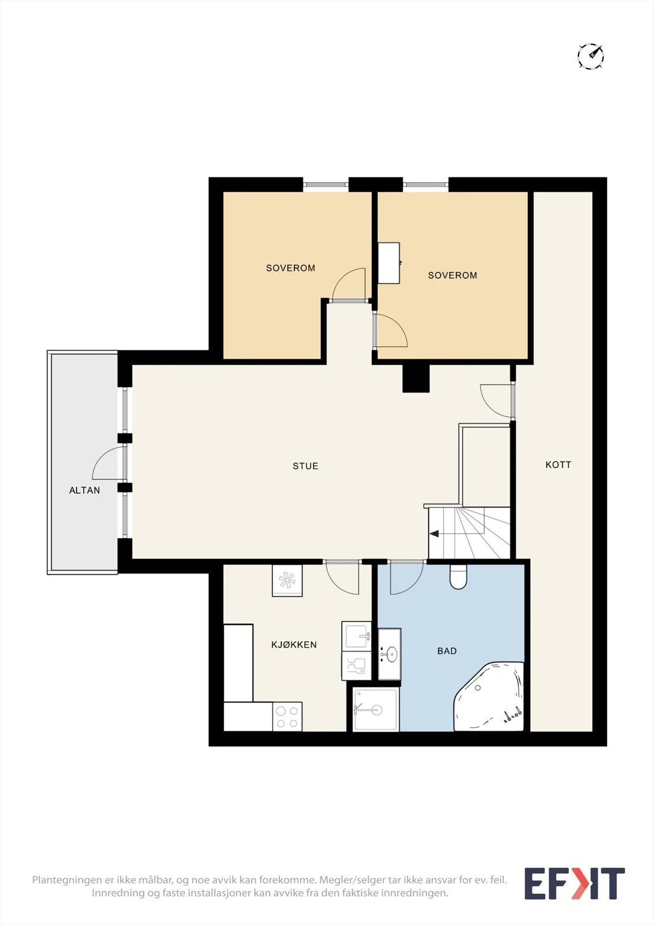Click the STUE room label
point(305,466)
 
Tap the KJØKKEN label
point(294,645)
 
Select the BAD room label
point(447,651)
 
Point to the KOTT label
point(558,465)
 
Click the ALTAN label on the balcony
point(84,490)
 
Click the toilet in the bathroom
point(458,576)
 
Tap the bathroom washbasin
point(390,654)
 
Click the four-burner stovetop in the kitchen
point(287,716)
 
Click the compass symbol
point(591,55)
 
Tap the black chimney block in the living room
point(416,378)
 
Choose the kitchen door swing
point(342,579)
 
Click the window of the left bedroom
point(326,184)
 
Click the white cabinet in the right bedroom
point(389,263)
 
